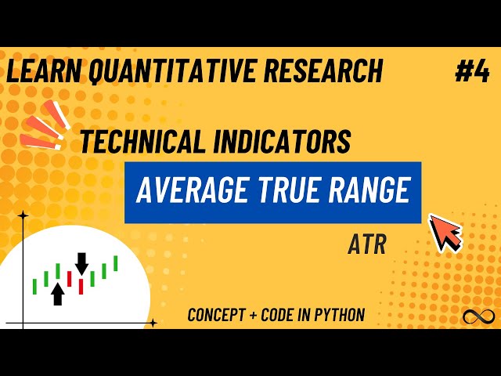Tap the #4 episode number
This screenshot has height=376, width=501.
coord(471,72)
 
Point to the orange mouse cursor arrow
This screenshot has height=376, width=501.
coord(445,232)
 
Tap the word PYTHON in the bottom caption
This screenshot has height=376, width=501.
coord(337,316)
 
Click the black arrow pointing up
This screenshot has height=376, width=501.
coord(57,294)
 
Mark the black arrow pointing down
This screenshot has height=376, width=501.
coord(81,263)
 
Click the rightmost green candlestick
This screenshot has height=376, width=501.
coord(115,263)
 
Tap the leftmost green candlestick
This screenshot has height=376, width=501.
coord(34,287)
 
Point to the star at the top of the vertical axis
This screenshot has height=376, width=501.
coord(23,215)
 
